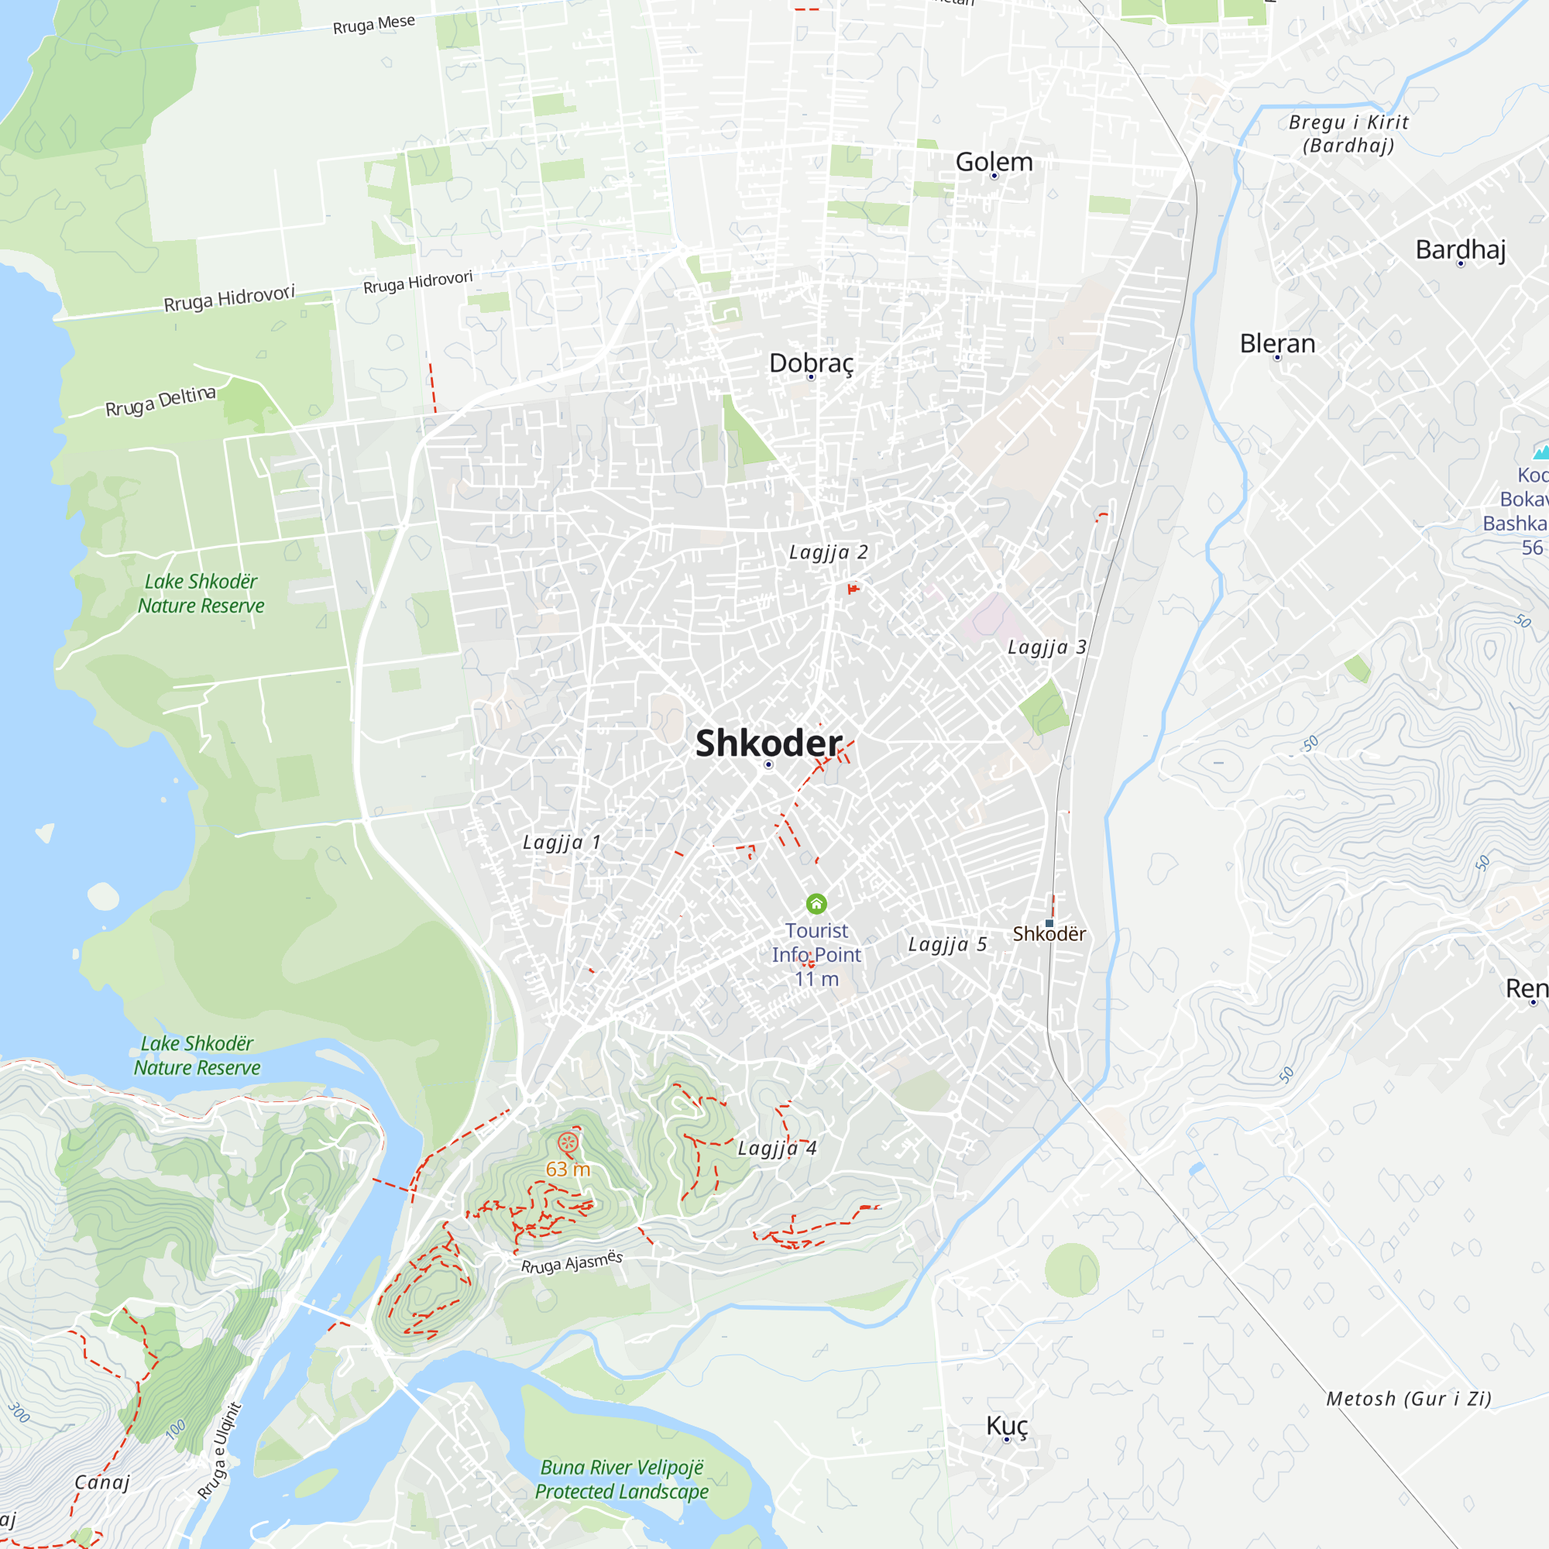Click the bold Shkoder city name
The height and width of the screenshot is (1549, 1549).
pyautogui.click(x=768, y=744)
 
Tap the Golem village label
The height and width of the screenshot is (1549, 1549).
pyautogui.click(x=994, y=162)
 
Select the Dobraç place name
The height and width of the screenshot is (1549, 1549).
pyautogui.click(x=811, y=363)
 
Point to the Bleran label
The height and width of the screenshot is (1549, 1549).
pyautogui.click(x=1277, y=344)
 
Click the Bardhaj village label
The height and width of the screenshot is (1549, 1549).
pyautogui.click(x=1460, y=249)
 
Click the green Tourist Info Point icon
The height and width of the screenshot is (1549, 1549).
pyautogui.click(x=816, y=905)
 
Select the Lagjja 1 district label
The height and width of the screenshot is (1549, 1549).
pyautogui.click(x=562, y=843)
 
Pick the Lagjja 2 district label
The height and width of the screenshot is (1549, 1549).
pyautogui.click(x=828, y=552)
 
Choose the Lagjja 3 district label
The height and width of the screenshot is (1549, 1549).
pyautogui.click(x=1046, y=647)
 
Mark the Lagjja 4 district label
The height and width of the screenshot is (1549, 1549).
pyautogui.click(x=776, y=1148)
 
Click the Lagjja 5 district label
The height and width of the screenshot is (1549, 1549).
pyautogui.click(x=947, y=944)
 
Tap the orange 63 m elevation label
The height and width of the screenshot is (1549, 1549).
pyautogui.click(x=568, y=1169)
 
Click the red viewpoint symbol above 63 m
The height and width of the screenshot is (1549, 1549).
pyautogui.click(x=568, y=1142)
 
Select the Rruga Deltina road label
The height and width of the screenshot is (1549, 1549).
pyautogui.click(x=160, y=401)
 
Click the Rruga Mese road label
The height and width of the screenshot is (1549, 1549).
pyautogui.click(x=373, y=24)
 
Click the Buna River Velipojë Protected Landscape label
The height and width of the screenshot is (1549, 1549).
pyautogui.click(x=621, y=1480)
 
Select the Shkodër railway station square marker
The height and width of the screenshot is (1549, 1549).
pyautogui.click(x=1049, y=924)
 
